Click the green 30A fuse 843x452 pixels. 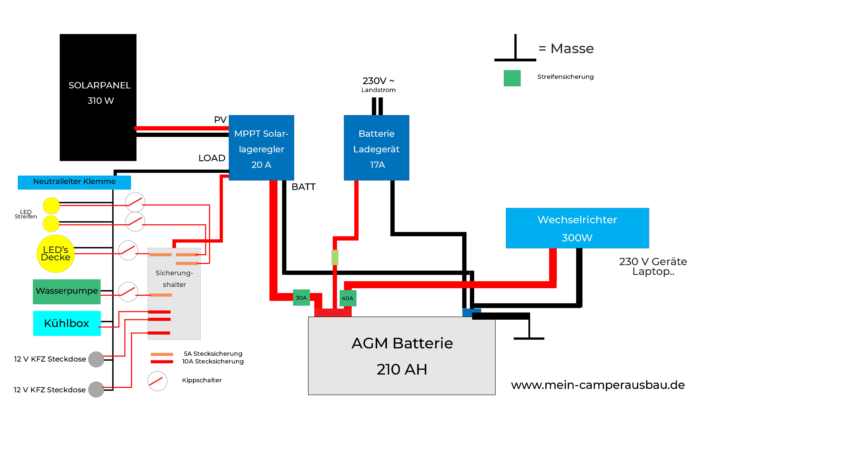tap(301, 298)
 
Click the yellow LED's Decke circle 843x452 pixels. tap(56, 254)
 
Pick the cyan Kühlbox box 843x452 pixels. tap(67, 323)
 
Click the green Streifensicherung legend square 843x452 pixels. tap(512, 78)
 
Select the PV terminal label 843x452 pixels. tap(220, 120)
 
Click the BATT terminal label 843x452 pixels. tap(303, 187)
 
